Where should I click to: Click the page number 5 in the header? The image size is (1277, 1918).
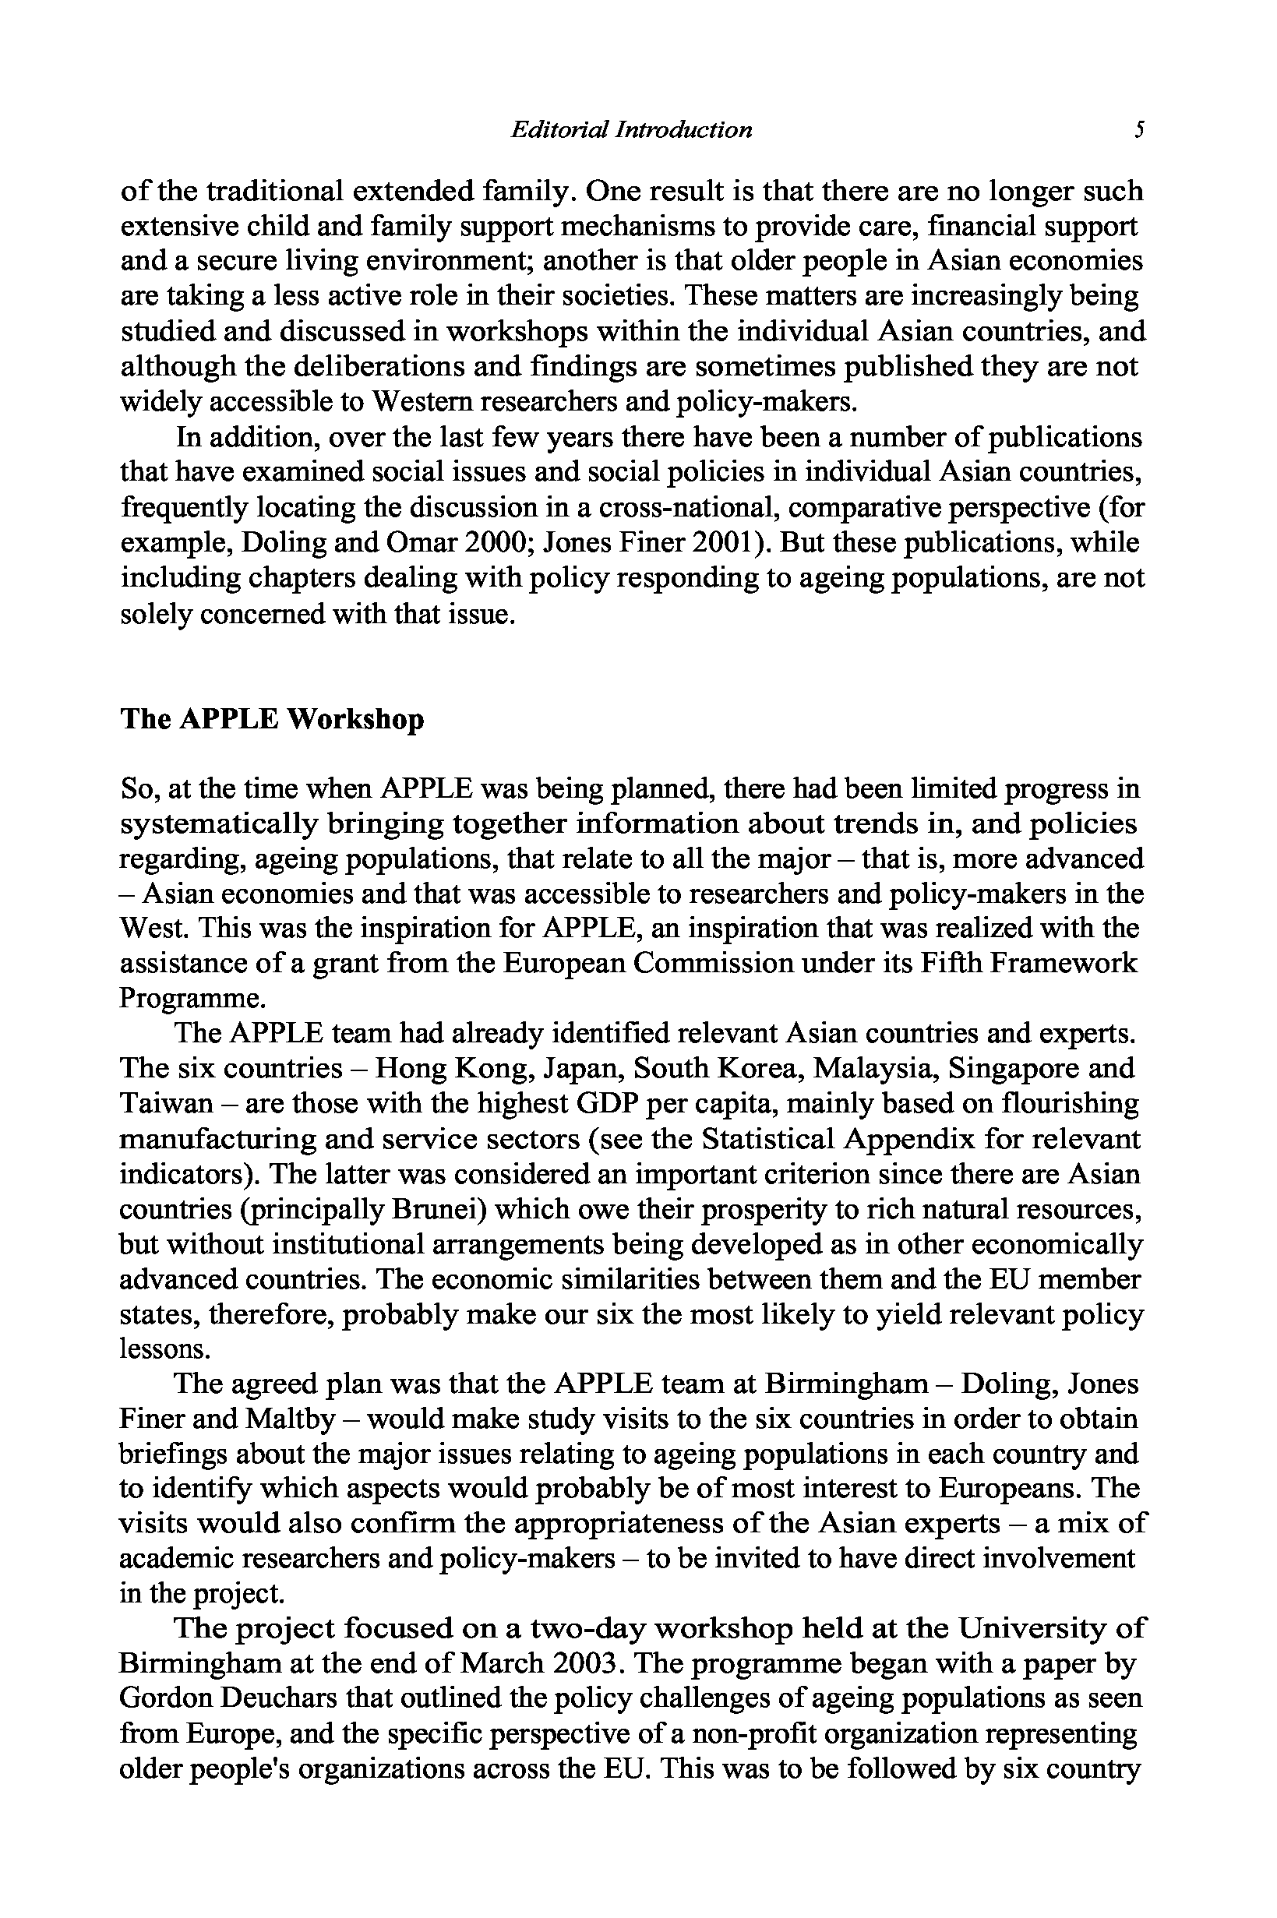point(1140,129)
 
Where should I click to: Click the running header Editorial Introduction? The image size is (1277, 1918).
point(630,129)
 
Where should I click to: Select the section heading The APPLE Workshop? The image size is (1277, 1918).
point(272,720)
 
